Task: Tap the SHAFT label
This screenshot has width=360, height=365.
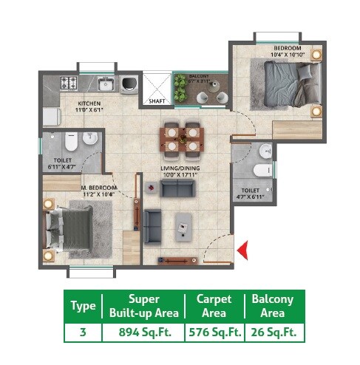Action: [x=156, y=101]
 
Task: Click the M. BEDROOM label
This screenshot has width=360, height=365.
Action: [x=99, y=189]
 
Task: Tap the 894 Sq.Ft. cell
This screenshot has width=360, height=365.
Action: [x=145, y=332]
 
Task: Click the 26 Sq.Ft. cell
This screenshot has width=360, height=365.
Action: [x=273, y=332]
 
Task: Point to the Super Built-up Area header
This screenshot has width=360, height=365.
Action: [x=145, y=307]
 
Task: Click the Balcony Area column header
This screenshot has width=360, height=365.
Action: [x=273, y=307]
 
